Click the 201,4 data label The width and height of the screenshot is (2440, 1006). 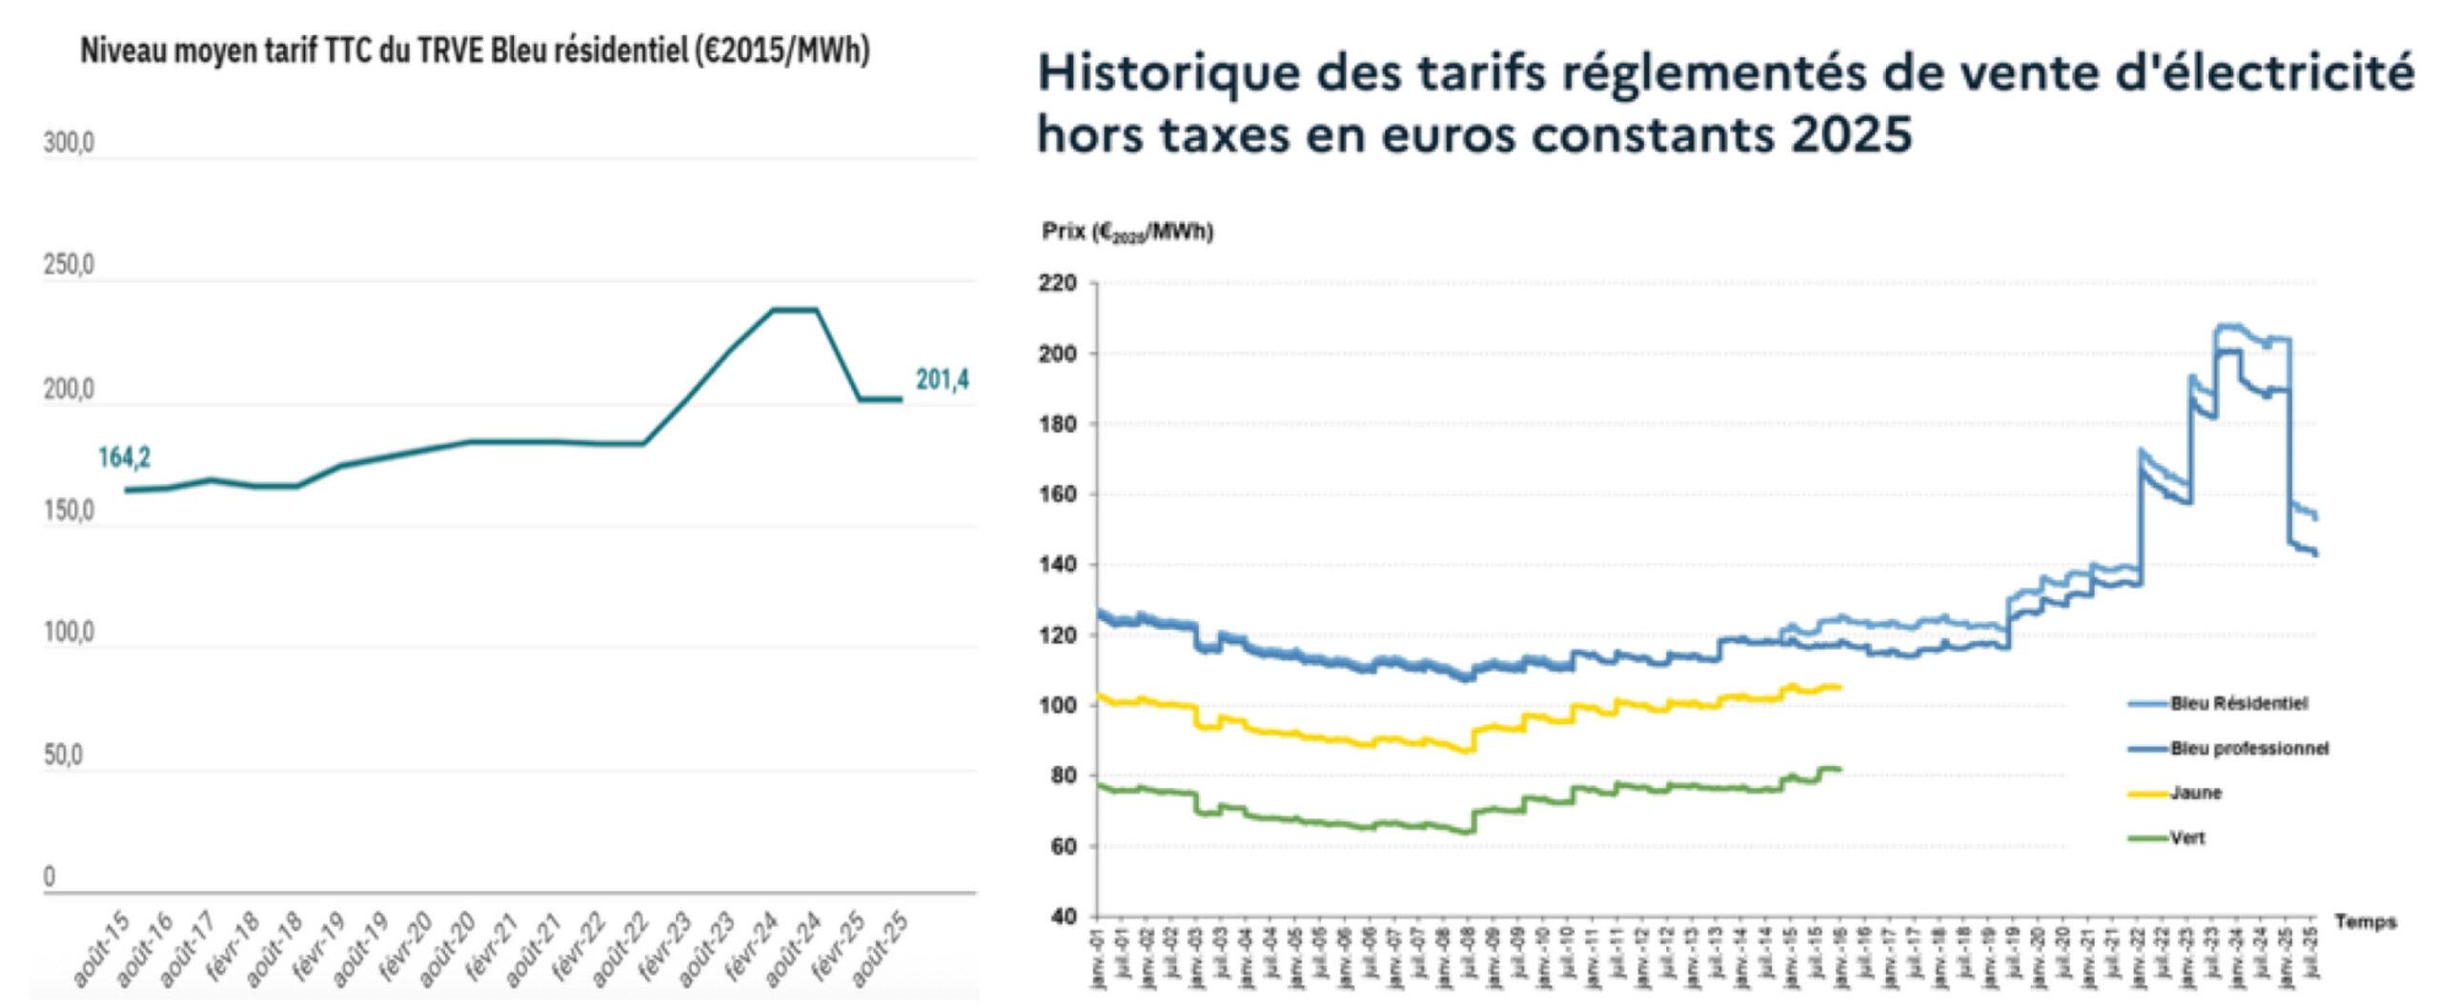pos(942,380)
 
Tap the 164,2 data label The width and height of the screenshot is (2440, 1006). pos(124,458)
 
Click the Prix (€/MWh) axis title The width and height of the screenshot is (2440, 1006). pos(1127,231)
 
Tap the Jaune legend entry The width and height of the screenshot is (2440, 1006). pos(2196,793)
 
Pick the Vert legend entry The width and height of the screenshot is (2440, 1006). pos(2188,838)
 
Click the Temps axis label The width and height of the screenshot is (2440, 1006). pos(2366,921)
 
